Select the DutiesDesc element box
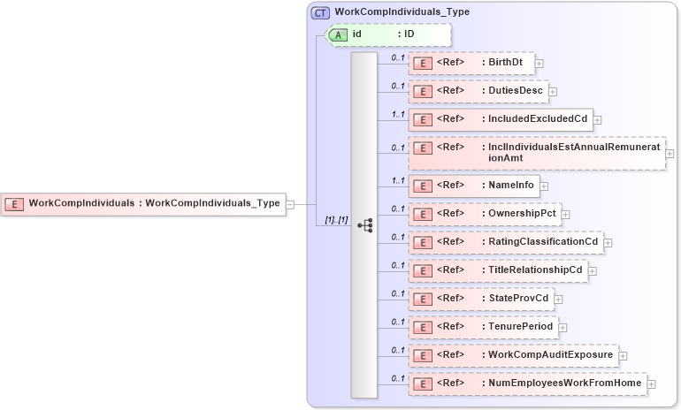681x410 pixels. (x=478, y=90)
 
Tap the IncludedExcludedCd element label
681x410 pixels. (x=538, y=118)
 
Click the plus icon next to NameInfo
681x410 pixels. (x=545, y=186)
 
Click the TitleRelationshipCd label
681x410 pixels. (x=536, y=270)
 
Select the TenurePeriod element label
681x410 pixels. (x=521, y=326)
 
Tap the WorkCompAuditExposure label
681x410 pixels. (x=551, y=354)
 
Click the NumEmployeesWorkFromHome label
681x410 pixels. (x=565, y=383)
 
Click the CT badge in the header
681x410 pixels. (x=321, y=12)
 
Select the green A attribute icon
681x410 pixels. (x=338, y=34)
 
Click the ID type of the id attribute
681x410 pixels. (x=409, y=34)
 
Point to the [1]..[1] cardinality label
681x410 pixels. (x=335, y=219)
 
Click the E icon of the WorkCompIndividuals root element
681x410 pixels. (x=14, y=203)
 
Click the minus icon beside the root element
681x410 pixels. (x=289, y=203)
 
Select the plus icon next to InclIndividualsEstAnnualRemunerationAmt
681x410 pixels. (x=670, y=153)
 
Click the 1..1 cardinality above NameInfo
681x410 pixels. (x=398, y=179)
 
